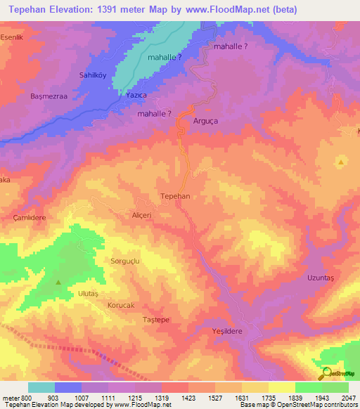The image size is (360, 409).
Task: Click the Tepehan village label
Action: [x=176, y=197]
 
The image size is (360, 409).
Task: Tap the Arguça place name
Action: [x=206, y=121]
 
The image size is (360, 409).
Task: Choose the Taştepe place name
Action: [x=156, y=320]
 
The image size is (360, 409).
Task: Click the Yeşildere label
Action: [x=226, y=330]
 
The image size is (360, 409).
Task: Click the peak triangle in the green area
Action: [x=58, y=283]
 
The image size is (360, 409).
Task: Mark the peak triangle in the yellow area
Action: [x=341, y=162]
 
